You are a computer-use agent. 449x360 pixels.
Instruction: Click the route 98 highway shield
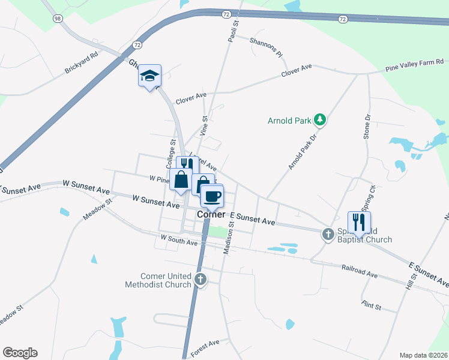[x=58, y=19]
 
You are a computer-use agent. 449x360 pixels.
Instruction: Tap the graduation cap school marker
[x=149, y=76]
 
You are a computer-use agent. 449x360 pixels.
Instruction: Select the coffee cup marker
[x=211, y=196]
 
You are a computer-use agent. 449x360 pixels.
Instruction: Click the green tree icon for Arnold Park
[x=321, y=120]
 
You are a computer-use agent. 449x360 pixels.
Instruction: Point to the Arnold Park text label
[x=289, y=121]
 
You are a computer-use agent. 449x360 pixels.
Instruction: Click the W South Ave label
[x=179, y=242]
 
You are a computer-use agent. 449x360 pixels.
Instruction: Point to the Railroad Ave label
[x=360, y=271]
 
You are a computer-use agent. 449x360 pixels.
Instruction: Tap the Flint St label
[x=372, y=306]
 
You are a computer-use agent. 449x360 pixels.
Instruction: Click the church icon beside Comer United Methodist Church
[x=200, y=279]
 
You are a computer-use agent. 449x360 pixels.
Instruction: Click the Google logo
[x=20, y=353]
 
